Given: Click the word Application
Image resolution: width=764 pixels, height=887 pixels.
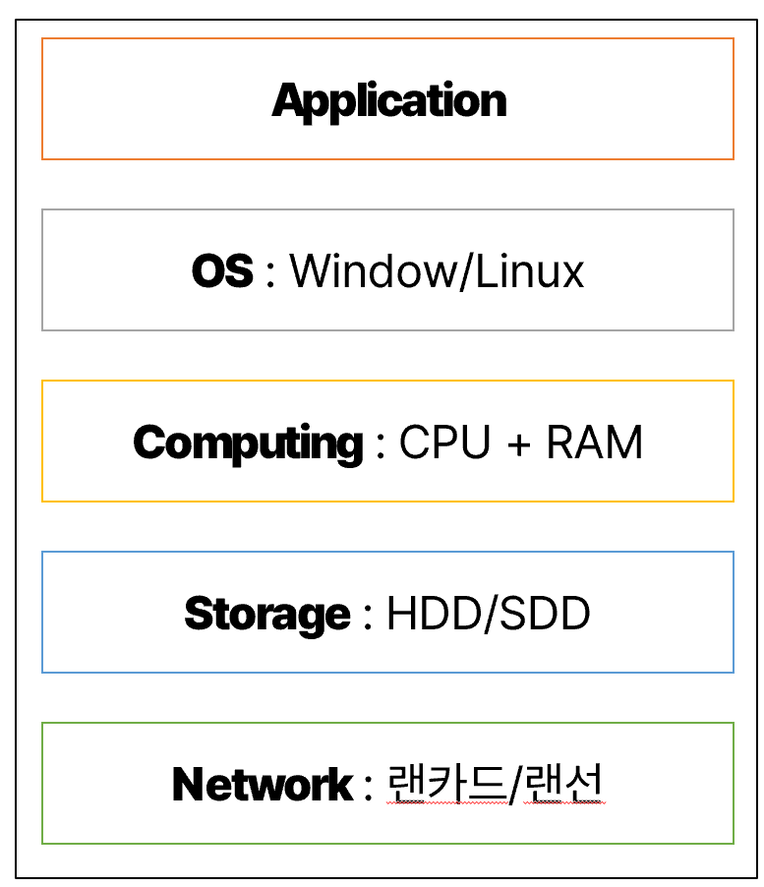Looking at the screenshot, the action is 389,101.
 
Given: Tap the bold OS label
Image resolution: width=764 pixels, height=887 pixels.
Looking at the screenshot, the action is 222,271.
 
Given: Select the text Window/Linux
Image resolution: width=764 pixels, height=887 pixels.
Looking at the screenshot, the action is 437,271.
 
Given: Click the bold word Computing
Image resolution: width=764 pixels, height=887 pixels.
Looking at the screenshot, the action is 248,443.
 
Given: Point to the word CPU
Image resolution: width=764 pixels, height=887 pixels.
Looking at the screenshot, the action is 444,442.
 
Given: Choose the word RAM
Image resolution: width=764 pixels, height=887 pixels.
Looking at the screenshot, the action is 594,442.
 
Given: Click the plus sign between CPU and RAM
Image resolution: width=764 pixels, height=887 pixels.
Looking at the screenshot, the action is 518,444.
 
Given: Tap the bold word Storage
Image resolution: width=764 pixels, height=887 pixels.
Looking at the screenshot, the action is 267,615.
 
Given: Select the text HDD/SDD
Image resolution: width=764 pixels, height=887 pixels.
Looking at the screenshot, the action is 489,613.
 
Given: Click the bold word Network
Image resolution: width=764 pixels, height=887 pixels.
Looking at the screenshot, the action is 263,784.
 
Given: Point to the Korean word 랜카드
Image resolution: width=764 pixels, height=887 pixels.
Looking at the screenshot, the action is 446,783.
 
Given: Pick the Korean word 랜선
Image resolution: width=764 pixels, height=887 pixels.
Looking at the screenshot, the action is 563,783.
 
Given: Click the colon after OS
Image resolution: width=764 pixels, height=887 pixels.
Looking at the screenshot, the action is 270,273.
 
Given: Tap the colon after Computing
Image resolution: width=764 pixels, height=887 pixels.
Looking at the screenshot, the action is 381,445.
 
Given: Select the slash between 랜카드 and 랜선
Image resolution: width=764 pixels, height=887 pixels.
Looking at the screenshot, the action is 514,784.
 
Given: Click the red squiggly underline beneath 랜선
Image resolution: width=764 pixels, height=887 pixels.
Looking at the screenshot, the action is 564,802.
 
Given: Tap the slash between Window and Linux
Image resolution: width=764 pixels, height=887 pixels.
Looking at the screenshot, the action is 466,271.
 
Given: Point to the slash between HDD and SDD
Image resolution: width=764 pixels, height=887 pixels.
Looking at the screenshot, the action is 491,613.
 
